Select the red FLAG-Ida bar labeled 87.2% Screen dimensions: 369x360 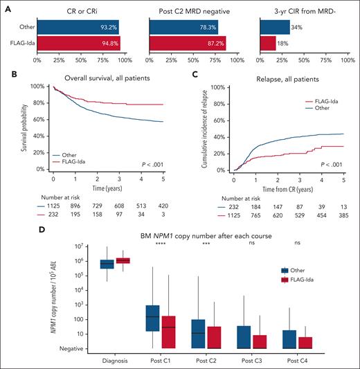pyautogui.click(x=190, y=43)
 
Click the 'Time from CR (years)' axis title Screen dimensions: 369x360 pyautogui.click(x=286, y=188)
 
